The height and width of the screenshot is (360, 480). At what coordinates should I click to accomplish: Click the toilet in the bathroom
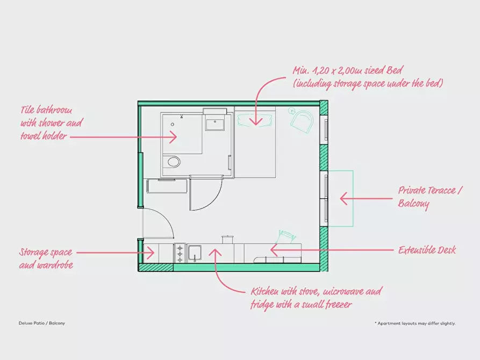pyautogui.click(x=171, y=162)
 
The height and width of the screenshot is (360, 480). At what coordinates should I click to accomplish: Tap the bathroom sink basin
pyautogui.click(x=215, y=125)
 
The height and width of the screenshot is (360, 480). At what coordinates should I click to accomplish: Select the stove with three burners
pyautogui.click(x=180, y=253)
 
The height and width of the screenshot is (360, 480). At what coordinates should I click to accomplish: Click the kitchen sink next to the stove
pyautogui.click(x=194, y=253)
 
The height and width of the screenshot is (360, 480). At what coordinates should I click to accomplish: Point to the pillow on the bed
pyautogui.click(x=255, y=119)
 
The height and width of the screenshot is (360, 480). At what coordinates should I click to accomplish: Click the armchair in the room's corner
pyautogui.click(x=302, y=120)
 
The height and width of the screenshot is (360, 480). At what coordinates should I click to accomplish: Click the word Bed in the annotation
pyautogui.click(x=394, y=70)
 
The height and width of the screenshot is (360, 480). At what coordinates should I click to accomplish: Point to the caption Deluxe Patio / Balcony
pyautogui.click(x=42, y=323)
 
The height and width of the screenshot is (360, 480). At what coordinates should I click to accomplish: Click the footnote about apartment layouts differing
pyautogui.click(x=415, y=323)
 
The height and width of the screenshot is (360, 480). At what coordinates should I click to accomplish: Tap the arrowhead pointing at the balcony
pyautogui.click(x=343, y=199)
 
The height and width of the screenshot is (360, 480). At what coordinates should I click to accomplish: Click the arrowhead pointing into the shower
pyautogui.click(x=174, y=137)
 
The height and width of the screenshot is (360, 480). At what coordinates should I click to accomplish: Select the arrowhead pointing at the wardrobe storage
pyautogui.click(x=151, y=253)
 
